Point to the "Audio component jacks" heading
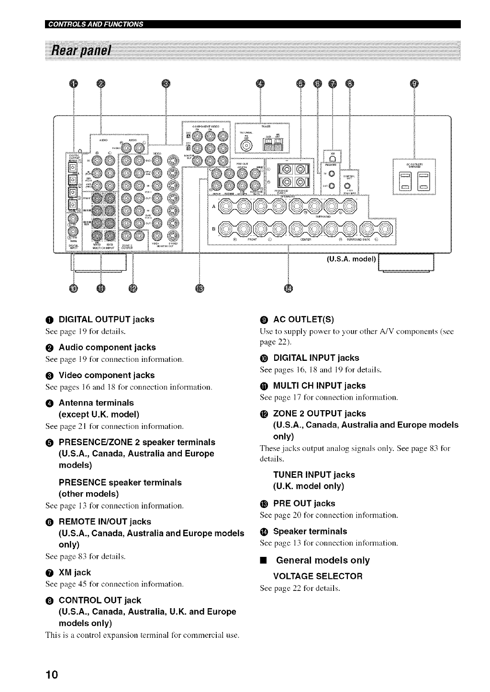point(107,347)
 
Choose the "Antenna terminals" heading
point(96,403)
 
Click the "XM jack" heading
point(75,572)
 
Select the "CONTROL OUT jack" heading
point(100,600)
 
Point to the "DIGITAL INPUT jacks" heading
point(316,358)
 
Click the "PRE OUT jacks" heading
point(304,503)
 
